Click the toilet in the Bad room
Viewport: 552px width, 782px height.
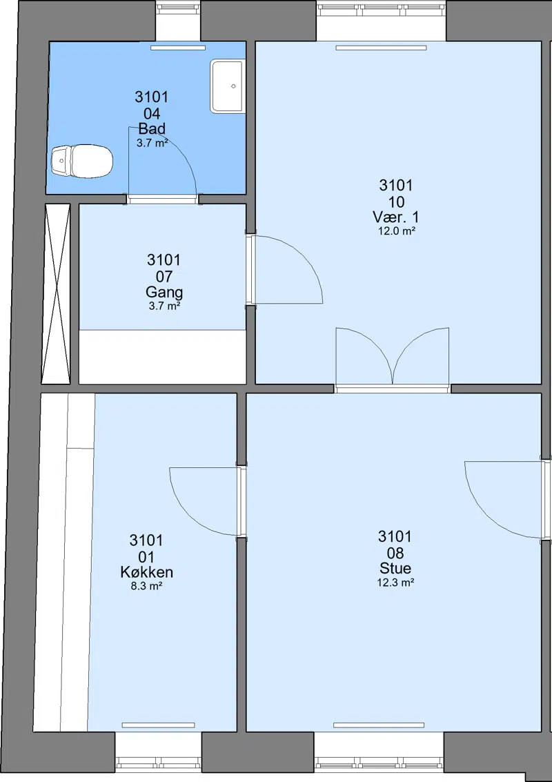point(82,161)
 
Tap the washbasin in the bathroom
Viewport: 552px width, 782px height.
point(228,86)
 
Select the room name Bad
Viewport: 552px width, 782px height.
point(152,128)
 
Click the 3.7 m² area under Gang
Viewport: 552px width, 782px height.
point(164,306)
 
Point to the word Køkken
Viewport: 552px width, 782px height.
point(146,572)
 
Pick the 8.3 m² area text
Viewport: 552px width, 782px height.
point(146,587)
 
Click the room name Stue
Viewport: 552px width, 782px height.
point(395,568)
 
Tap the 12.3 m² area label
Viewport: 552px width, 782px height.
point(396,583)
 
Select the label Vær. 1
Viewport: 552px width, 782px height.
point(396,217)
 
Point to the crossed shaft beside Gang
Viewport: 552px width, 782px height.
point(55,294)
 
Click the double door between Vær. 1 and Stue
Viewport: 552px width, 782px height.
point(393,358)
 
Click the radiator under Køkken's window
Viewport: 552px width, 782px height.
point(158,725)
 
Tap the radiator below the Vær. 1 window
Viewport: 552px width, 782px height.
point(381,48)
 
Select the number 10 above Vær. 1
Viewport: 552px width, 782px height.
point(396,202)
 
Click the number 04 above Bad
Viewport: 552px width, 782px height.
point(152,113)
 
